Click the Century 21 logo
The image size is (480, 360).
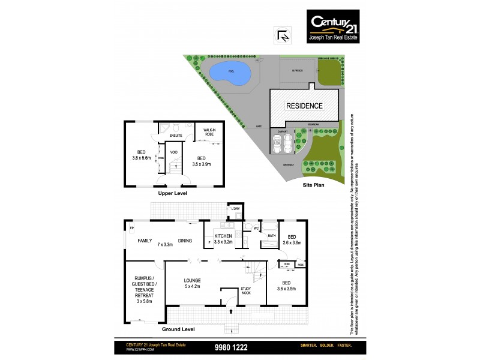click(x=329, y=27)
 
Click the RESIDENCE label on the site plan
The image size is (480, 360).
click(x=304, y=106)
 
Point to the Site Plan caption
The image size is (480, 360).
click(x=314, y=187)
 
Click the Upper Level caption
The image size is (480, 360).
click(x=173, y=194)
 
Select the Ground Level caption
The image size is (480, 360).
click(x=178, y=329)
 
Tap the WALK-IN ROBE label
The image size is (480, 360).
click(x=209, y=132)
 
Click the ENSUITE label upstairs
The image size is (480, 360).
click(x=175, y=136)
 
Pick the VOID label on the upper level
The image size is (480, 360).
click(x=174, y=152)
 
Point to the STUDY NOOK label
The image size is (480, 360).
click(x=247, y=292)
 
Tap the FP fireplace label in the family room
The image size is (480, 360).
click(x=131, y=228)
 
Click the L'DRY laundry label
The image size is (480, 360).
click(x=236, y=209)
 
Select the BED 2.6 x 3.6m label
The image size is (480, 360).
click(x=292, y=239)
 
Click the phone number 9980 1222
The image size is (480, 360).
click(x=231, y=347)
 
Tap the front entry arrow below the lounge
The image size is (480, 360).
click(x=231, y=312)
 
